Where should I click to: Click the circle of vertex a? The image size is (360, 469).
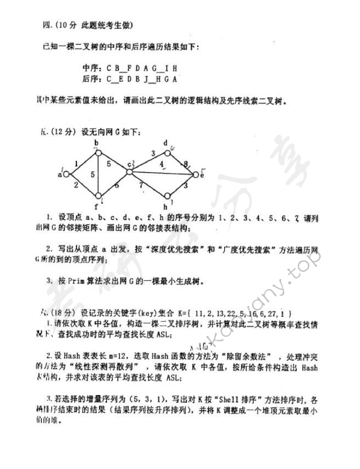67,174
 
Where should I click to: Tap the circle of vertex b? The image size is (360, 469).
98,151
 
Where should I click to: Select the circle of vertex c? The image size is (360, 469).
129,173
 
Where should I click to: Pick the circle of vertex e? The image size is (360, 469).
195,175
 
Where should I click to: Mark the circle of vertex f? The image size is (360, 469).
98,197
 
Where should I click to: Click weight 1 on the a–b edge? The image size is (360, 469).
76,162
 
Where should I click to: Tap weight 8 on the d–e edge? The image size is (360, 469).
186,163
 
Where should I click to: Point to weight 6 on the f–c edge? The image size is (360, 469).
116,186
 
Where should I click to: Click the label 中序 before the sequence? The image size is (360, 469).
91,68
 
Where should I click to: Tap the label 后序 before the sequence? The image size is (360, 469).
91,79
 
